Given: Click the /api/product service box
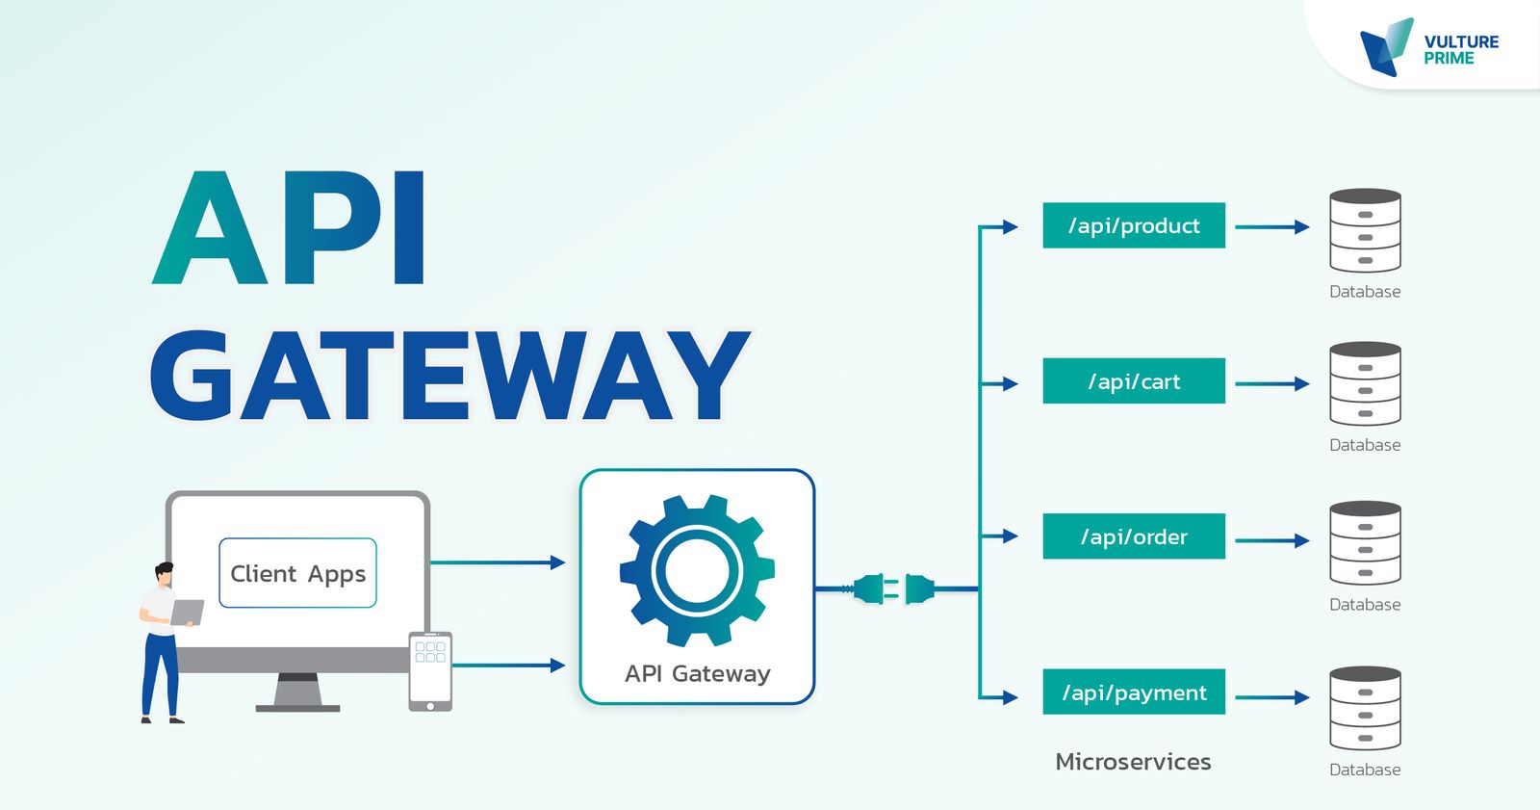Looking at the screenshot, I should click(1134, 225).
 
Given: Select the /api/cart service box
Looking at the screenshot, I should click(1134, 381).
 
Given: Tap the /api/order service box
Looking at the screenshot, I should click(1134, 536).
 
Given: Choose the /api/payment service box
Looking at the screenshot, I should click(1134, 692).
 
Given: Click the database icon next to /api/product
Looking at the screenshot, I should click(1365, 231).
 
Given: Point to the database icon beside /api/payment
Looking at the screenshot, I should click(1365, 709).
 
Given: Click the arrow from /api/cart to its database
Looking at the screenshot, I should click(1271, 383).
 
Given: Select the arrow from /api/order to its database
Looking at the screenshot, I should click(1271, 540).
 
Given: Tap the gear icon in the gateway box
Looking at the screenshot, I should click(697, 570).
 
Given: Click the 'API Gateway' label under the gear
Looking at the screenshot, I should click(697, 673).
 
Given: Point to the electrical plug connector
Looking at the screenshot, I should click(893, 588).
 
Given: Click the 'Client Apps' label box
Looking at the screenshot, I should click(297, 573).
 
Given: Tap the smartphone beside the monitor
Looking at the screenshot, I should click(430, 671).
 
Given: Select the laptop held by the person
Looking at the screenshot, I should click(188, 612).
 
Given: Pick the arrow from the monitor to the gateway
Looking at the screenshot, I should click(497, 562).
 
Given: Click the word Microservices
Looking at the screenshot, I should click(1133, 762).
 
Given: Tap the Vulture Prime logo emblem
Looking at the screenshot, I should click(1386, 46).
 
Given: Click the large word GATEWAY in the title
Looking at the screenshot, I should click(449, 376).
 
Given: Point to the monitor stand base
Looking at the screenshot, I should click(297, 707).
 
